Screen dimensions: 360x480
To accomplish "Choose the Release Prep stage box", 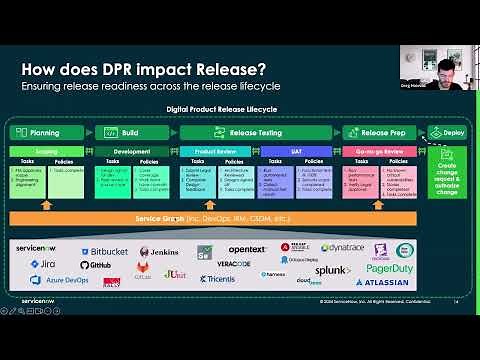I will (380, 132).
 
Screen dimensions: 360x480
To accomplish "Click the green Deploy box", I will (447, 132).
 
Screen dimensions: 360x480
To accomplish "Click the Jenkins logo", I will (159, 251).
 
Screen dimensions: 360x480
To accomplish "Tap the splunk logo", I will (333, 270).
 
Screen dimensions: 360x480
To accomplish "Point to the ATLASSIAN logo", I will (381, 283).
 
